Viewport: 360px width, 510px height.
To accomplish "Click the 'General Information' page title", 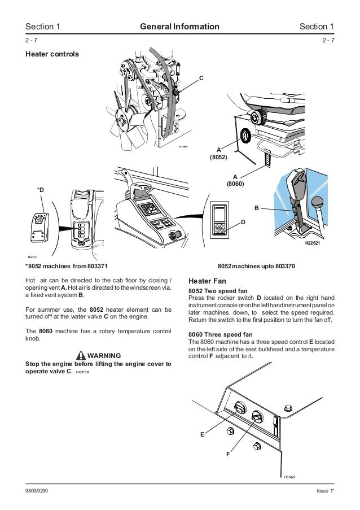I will coord(179,26).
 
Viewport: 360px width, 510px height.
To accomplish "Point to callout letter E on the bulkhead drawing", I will coord(202,434).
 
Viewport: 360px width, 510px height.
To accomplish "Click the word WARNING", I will coord(105,355).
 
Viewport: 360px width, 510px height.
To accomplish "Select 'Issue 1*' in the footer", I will coord(324,491).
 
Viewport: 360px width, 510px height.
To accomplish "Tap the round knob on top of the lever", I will coord(319,201).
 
